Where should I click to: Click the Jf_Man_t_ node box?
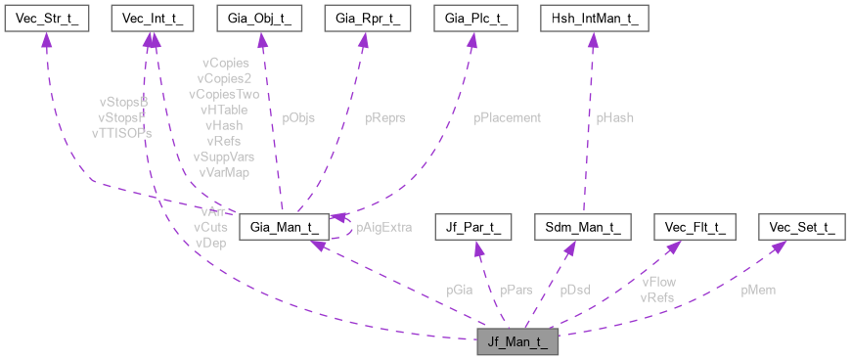tap(517, 342)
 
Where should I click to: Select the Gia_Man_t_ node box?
tap(282, 227)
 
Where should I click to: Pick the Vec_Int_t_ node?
tap(152, 18)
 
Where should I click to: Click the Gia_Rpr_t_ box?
tap(365, 18)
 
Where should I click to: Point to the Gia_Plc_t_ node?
tap(472, 18)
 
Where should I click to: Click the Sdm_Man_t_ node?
tap(583, 227)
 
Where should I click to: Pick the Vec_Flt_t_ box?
tap(694, 227)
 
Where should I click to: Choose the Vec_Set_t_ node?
tap(800, 227)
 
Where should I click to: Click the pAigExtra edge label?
tap(383, 227)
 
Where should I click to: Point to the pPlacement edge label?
tap(507, 117)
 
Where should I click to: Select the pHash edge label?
tap(615, 117)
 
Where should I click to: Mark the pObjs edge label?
tap(298, 117)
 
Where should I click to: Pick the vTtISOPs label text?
tap(121, 132)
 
